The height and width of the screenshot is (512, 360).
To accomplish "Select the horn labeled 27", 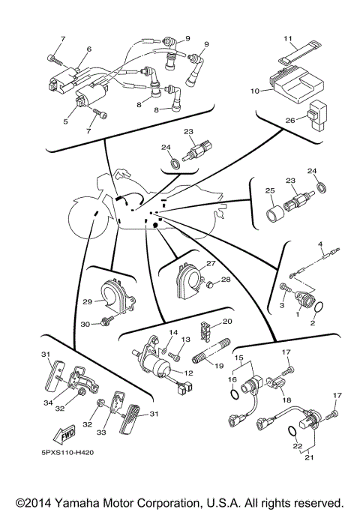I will pyautogui.click(x=187, y=279).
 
